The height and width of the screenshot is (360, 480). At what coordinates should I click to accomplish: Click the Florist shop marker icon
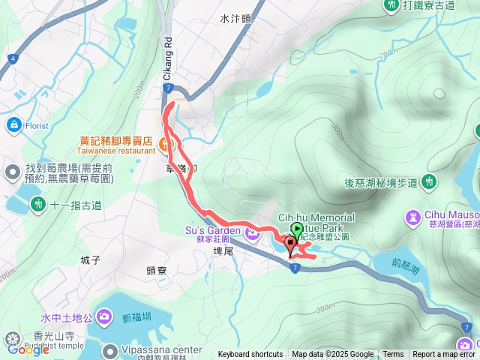[x=13, y=124]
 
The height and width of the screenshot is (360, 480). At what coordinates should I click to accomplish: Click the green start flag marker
[x=295, y=230]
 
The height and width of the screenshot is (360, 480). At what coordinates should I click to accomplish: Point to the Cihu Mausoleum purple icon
[x=413, y=218]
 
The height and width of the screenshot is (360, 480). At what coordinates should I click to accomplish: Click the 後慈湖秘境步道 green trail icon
[x=429, y=181]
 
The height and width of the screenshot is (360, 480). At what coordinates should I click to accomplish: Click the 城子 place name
[x=90, y=260]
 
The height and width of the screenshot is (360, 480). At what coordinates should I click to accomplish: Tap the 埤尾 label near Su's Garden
[x=224, y=251]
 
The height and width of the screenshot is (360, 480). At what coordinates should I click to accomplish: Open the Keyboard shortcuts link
[x=250, y=355]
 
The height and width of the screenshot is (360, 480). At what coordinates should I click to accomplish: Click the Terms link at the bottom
[x=393, y=355]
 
